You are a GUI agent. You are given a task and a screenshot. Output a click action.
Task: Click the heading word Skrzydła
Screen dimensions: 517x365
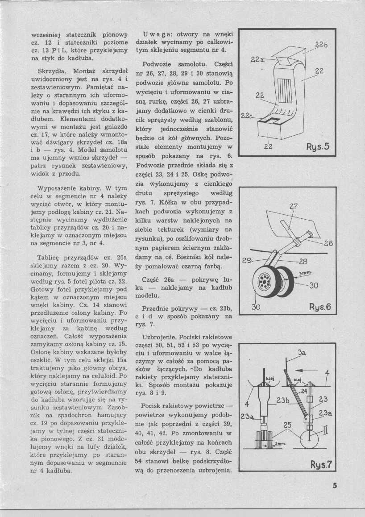pyautogui.click(x=51, y=71)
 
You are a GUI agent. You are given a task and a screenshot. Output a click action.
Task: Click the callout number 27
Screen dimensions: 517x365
pyautogui.click(x=293, y=207)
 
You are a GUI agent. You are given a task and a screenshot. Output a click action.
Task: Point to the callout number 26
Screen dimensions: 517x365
pyautogui.click(x=328, y=244)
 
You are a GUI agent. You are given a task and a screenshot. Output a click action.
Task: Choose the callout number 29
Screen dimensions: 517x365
pyautogui.click(x=246, y=261)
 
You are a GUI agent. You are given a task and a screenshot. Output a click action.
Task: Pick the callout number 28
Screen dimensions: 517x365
pyautogui.click(x=303, y=262)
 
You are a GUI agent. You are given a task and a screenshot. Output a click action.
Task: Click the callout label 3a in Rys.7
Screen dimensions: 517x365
pyautogui.click(x=302, y=353)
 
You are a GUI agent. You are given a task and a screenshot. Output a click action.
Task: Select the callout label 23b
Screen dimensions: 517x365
pyautogui.click(x=283, y=401)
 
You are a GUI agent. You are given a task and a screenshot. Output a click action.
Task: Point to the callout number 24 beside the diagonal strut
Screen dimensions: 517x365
pyautogui.click(x=303, y=391)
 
